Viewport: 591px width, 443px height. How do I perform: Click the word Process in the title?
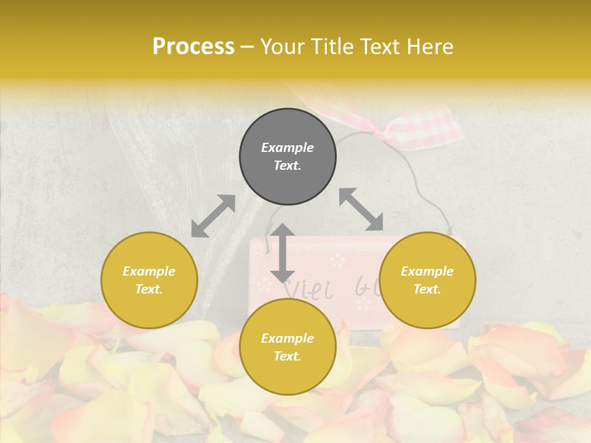click(x=193, y=47)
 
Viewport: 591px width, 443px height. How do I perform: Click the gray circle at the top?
click(x=287, y=157)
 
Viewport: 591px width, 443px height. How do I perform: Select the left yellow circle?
click(x=149, y=280)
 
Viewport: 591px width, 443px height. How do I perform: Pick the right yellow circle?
click(x=427, y=280)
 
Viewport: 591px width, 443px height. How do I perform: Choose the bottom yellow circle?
click(x=287, y=347)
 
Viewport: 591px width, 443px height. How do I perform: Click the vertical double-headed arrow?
click(x=283, y=253)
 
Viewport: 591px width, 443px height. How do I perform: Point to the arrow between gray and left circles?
click(x=213, y=216)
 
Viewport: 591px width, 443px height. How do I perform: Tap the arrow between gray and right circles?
click(x=361, y=209)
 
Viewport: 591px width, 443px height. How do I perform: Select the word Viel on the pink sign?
click(x=308, y=289)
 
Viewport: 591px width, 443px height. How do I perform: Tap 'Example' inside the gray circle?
click(x=287, y=148)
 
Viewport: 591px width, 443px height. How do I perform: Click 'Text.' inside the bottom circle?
click(x=287, y=356)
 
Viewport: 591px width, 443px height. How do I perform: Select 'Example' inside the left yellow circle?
click(x=149, y=271)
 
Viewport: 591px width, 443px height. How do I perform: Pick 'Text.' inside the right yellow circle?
click(x=427, y=289)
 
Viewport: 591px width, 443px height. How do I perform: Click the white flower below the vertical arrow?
click(x=263, y=284)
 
